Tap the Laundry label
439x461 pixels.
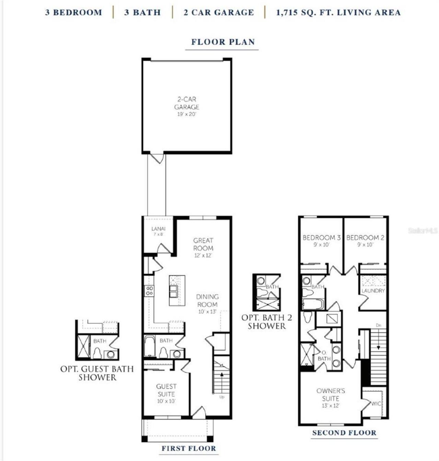point(373,291)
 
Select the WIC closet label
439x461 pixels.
point(376,404)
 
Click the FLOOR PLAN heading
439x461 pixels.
point(223,42)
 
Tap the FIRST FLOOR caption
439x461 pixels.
point(189,448)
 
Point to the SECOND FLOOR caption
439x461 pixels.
point(344,433)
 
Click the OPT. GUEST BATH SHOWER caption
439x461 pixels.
point(97,373)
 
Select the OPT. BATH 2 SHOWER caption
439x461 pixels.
point(267,322)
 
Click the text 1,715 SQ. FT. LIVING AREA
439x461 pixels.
point(338,13)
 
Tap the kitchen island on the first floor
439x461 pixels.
point(177,290)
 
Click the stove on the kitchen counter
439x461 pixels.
point(149,291)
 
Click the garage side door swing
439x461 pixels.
point(157,158)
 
